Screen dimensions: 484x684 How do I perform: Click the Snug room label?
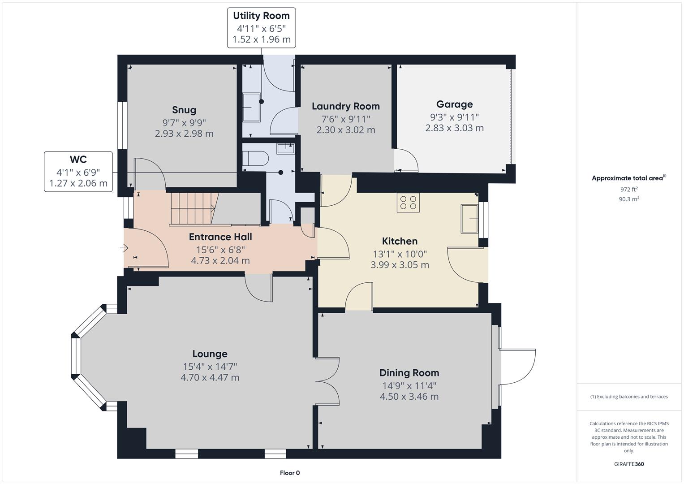click(x=184, y=110)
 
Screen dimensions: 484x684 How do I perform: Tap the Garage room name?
click(x=454, y=104)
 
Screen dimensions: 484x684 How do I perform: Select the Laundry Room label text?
click(x=345, y=106)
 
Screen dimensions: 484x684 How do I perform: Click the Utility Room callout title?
click(x=261, y=16)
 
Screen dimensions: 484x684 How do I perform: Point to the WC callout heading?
click(x=78, y=160)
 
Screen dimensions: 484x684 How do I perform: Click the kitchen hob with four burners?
click(x=408, y=203)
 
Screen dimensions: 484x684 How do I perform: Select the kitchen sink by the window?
click(x=469, y=219)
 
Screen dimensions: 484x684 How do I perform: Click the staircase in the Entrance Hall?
click(x=193, y=208)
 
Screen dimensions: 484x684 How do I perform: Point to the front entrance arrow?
click(x=124, y=248)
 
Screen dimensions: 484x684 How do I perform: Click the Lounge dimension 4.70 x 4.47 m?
click(x=210, y=378)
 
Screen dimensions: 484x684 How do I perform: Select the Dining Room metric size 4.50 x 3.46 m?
click(x=409, y=397)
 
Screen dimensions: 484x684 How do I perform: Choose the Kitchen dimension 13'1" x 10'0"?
click(x=400, y=254)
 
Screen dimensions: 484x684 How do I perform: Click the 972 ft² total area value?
click(x=629, y=190)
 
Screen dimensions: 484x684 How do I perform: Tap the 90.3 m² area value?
click(x=629, y=199)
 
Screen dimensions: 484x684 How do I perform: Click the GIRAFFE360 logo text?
click(x=629, y=464)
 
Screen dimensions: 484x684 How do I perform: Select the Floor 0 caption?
click(x=290, y=473)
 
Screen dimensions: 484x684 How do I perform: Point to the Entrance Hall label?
click(x=220, y=237)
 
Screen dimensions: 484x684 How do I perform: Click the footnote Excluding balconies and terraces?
click(x=629, y=397)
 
